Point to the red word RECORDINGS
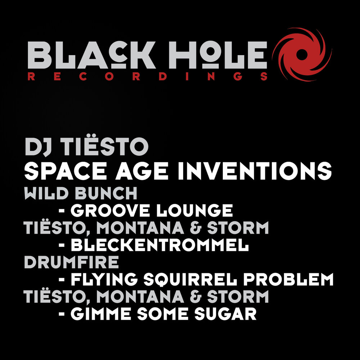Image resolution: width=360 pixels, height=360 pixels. (x=147, y=76)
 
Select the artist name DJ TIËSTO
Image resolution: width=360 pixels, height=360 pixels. (x=86, y=147)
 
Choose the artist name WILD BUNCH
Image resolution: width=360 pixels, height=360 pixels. (x=81, y=194)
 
